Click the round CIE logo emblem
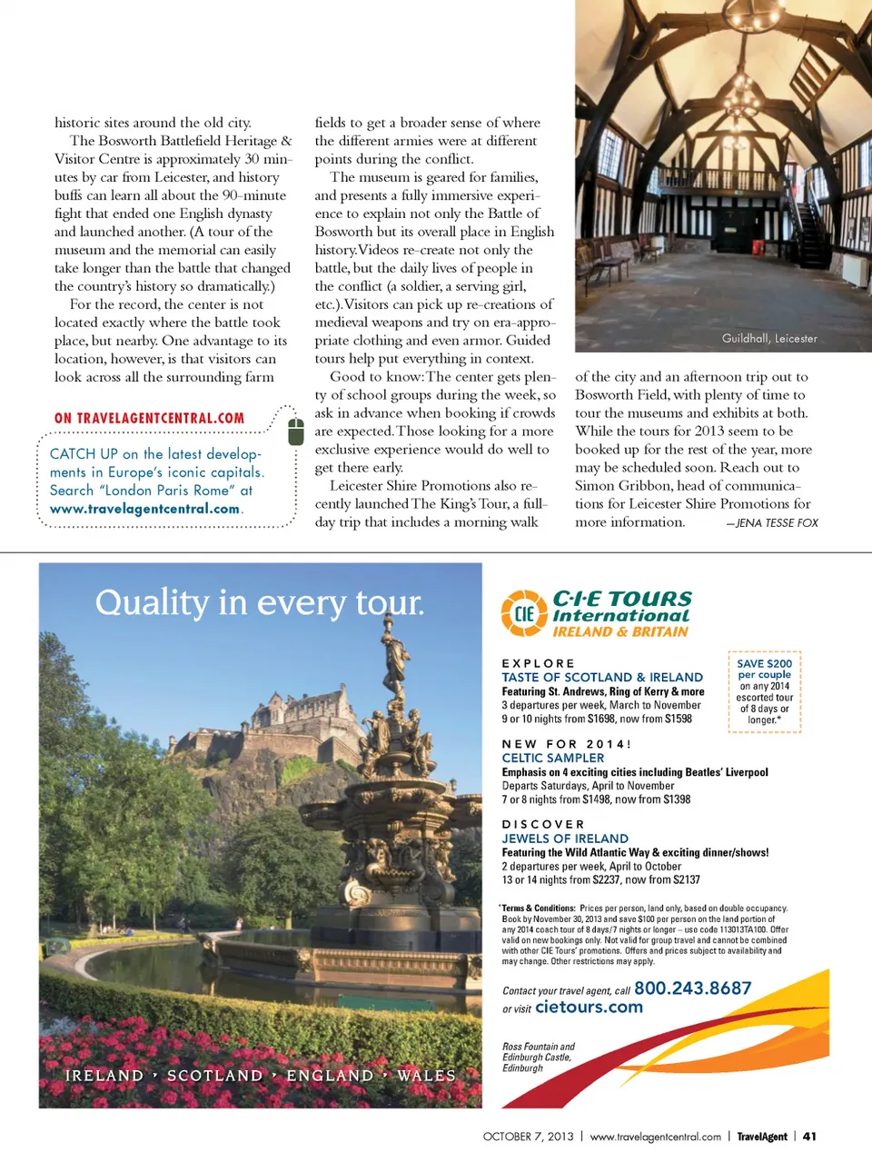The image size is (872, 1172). [524, 612]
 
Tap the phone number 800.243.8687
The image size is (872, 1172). [692, 988]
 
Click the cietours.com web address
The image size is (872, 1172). [589, 1007]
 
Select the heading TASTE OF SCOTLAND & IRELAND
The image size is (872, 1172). [602, 677]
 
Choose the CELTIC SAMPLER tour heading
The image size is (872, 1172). [553, 758]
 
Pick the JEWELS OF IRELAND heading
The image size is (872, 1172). [565, 839]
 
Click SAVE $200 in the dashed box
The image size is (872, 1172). [764, 663]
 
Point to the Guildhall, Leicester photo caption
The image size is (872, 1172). [769, 338]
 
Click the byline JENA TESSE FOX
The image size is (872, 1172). [777, 522]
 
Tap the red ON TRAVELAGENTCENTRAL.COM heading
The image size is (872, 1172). [149, 418]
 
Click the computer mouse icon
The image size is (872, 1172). [295, 432]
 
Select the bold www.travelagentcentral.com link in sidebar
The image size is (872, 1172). [145, 509]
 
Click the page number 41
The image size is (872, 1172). [809, 1136]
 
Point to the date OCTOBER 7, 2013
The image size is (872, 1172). [528, 1136]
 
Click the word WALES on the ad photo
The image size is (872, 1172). [426, 1076]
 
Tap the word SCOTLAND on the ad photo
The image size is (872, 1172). [214, 1076]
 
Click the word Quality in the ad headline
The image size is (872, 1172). [152, 602]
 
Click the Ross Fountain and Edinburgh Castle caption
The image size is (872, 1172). [539, 1057]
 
